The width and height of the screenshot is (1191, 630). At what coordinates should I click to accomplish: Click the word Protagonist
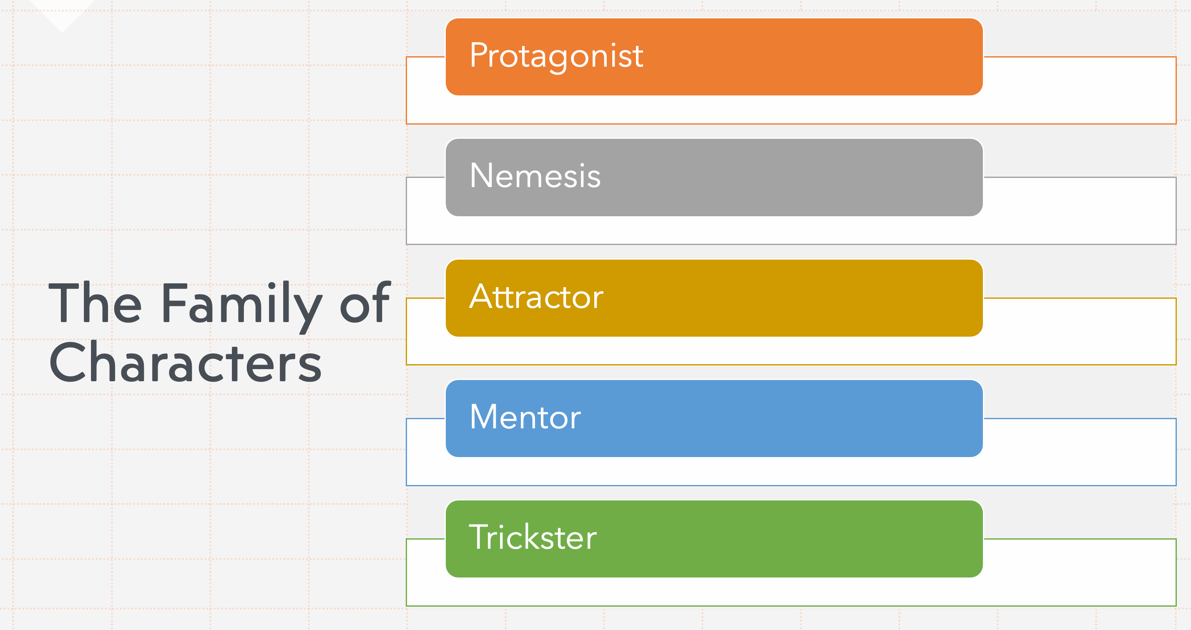click(x=556, y=57)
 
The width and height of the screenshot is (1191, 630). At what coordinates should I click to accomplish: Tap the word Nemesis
click(x=535, y=175)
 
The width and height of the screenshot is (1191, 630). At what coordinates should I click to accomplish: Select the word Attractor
click(x=536, y=296)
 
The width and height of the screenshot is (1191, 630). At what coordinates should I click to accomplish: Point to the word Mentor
click(x=525, y=417)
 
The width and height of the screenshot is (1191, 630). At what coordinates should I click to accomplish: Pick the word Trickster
click(x=533, y=537)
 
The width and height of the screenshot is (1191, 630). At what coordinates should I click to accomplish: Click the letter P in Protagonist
click(x=479, y=55)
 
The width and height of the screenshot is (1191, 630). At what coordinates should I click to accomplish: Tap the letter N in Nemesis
click(x=481, y=175)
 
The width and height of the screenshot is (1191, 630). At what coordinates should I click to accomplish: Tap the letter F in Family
click(x=175, y=302)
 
